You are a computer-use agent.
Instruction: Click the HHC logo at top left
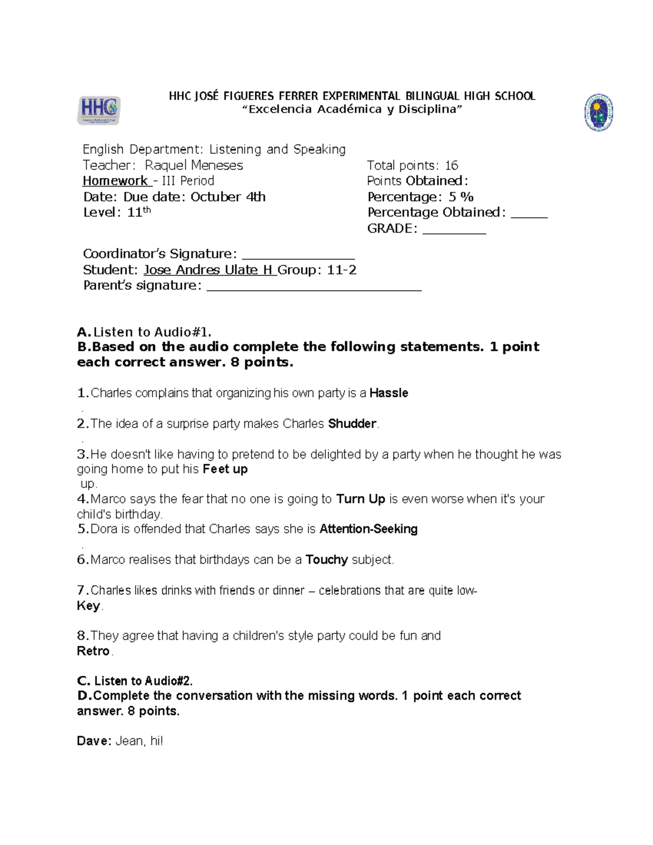point(98,110)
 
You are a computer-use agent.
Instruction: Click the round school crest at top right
point(599,113)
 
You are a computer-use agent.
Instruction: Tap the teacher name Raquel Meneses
point(194,165)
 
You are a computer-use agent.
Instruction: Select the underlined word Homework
point(115,181)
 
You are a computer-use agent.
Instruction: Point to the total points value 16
point(451,165)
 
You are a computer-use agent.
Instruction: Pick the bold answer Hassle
point(389,393)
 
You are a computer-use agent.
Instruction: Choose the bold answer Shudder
point(352,424)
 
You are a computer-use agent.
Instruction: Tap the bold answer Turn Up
point(360,499)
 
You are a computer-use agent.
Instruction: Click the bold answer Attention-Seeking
point(368,529)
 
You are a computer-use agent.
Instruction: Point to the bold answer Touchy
point(326,560)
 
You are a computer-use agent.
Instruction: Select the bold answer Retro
point(93,651)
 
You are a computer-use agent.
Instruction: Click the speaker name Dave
point(94,741)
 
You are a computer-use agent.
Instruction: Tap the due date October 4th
point(228,197)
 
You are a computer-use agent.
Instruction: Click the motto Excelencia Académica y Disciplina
point(352,109)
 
